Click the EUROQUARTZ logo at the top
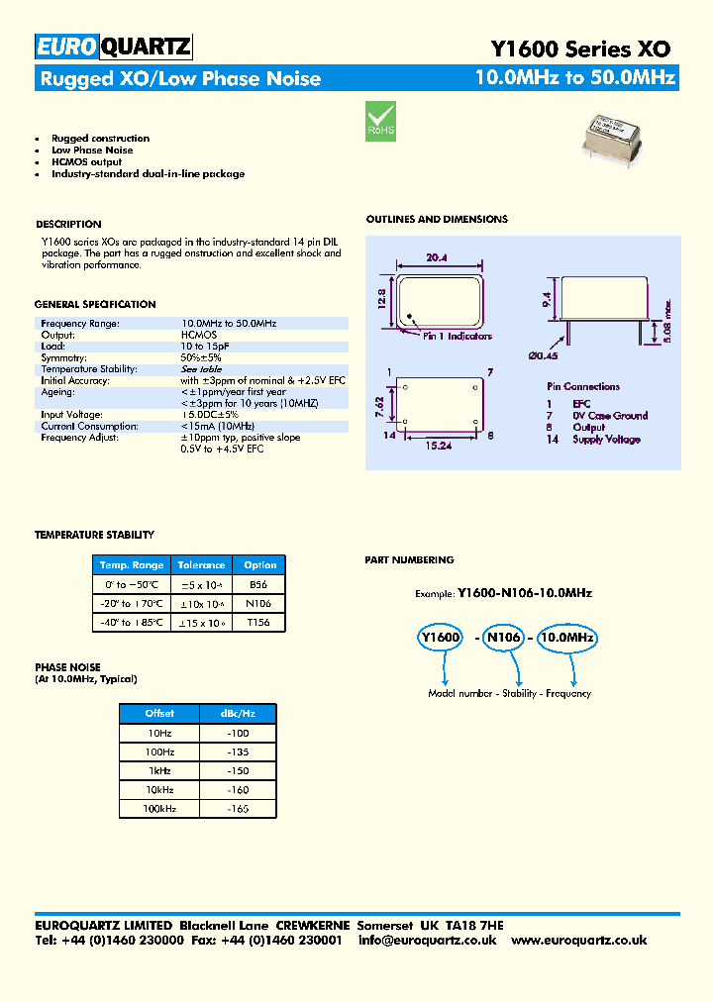point(113,48)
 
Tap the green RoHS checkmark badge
point(381,119)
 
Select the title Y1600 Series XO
point(580,49)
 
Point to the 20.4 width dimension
point(437,257)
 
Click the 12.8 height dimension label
point(382,299)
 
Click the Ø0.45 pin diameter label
point(544,354)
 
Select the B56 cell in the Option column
point(259,584)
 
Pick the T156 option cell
point(259,622)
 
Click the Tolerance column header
point(202,565)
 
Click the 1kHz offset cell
point(158,770)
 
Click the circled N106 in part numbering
point(502,639)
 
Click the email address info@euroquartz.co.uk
point(427,940)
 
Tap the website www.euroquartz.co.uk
point(579,940)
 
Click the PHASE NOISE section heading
point(67,667)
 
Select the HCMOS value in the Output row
point(199,335)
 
